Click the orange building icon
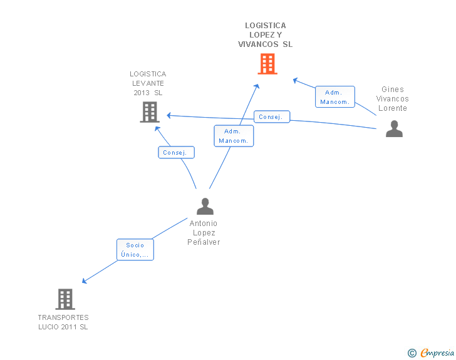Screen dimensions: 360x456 point(267,64)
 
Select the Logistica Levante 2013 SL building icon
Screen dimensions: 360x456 point(149,112)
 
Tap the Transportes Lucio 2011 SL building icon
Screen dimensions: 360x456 point(65,299)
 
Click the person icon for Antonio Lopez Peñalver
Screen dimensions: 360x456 point(205,206)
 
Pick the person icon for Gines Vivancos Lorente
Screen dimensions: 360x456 point(394,128)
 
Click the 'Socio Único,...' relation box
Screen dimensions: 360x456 point(135,250)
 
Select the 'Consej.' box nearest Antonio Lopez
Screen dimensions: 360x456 point(176,152)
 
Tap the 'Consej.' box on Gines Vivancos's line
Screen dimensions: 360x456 point(272,116)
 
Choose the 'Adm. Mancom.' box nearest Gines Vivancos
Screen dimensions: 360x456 point(334,97)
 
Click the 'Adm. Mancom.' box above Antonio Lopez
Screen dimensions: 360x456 point(234,136)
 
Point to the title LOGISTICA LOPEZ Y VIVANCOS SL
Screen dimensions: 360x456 point(266,35)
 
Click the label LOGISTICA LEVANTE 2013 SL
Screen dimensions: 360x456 point(148,83)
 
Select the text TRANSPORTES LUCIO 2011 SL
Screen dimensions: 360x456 point(63,322)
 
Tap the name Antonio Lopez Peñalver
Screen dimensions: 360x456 point(204,232)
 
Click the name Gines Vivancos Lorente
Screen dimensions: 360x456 point(393,99)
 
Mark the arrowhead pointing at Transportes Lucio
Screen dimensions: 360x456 point(85,281)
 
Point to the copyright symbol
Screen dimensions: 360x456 point(412,353)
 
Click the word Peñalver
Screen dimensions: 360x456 point(204,242)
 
